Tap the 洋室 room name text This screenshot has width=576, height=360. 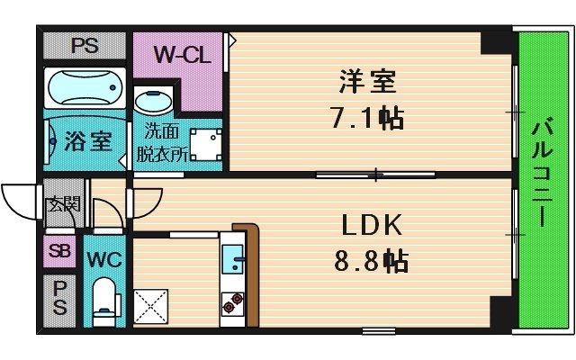368,82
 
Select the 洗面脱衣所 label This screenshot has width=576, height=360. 161,141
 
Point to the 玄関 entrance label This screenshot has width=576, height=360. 63,203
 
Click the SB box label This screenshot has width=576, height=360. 60,251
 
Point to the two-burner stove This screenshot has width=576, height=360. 233,303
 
